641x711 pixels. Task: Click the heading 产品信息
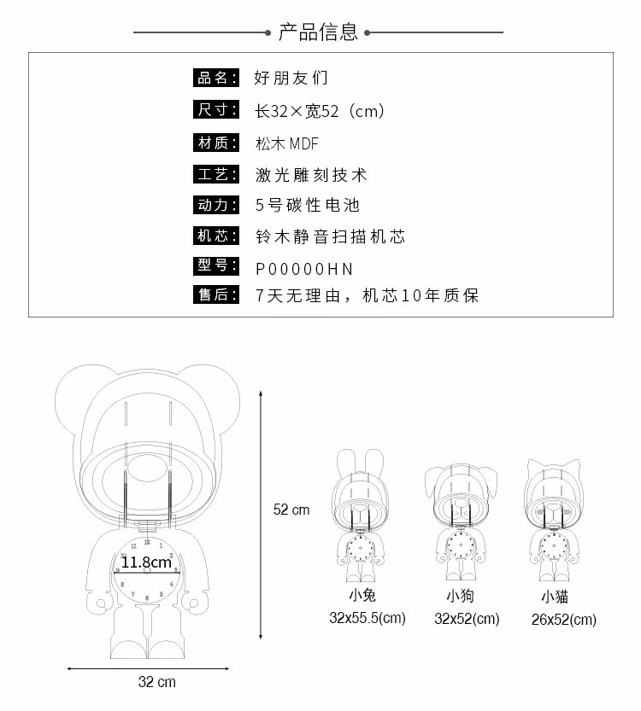pyautogui.click(x=318, y=32)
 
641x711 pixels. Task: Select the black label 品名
pyautogui.click(x=214, y=78)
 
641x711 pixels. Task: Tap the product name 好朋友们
pyautogui.click(x=291, y=78)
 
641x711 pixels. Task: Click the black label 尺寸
pyautogui.click(x=214, y=110)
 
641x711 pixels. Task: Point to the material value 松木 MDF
pyautogui.click(x=287, y=143)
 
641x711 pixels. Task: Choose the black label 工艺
pyautogui.click(x=214, y=174)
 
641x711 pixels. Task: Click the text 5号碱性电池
pyautogui.click(x=308, y=205)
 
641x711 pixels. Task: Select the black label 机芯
pyautogui.click(x=214, y=236)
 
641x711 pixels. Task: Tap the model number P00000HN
pyautogui.click(x=304, y=269)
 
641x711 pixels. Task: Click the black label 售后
pyautogui.click(x=214, y=295)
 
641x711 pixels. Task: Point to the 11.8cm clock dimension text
pyautogui.click(x=146, y=562)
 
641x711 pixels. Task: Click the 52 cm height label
pyautogui.click(x=291, y=510)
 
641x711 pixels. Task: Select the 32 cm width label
pyautogui.click(x=156, y=682)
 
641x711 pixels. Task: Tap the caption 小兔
pyautogui.click(x=362, y=596)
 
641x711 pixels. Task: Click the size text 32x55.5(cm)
pyautogui.click(x=368, y=618)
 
